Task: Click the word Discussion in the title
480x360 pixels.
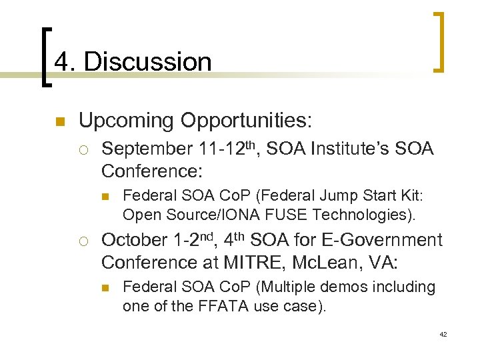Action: [x=147, y=62]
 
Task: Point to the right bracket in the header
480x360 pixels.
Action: [x=439, y=41]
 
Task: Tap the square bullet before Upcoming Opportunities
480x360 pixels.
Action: [x=59, y=122]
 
